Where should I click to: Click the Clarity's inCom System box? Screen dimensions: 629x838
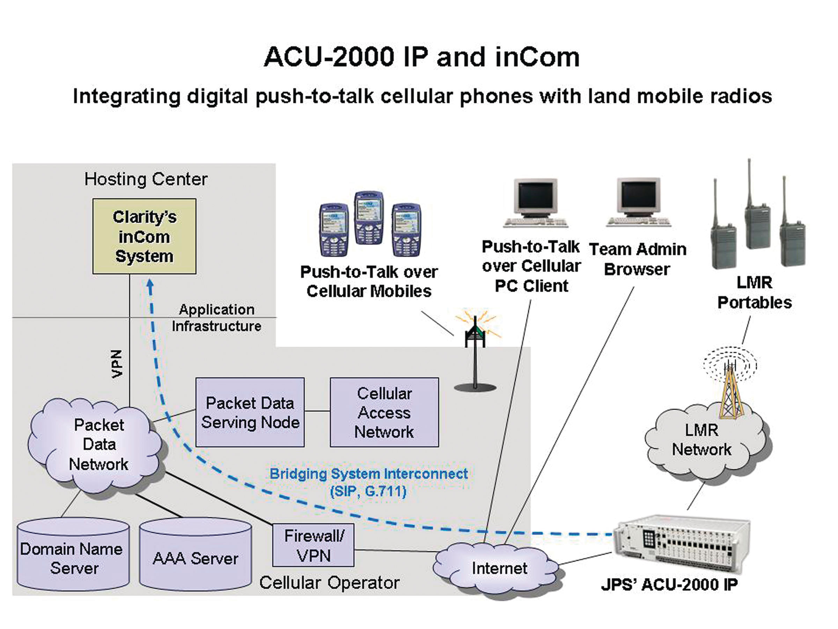click(144, 236)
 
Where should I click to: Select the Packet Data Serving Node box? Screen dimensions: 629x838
click(250, 412)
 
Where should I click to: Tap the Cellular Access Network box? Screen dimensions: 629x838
click(384, 412)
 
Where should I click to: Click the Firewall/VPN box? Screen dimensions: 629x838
click(313, 545)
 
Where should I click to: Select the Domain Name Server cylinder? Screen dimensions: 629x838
click(73, 557)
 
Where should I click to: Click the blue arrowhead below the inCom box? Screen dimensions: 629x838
click(150, 285)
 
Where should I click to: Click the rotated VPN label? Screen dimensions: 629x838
click(117, 364)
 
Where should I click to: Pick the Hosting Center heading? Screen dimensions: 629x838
click(146, 179)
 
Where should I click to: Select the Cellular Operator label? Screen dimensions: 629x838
click(329, 583)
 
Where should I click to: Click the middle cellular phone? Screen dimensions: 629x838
click(369, 218)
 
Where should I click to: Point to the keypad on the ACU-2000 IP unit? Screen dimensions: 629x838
click(649, 538)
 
